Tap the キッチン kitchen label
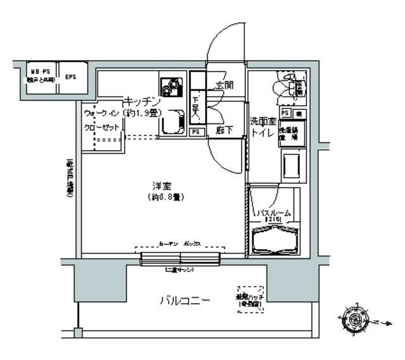[x=142, y=101]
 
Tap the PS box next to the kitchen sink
[x=196, y=132]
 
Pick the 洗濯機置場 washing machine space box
[x=293, y=133]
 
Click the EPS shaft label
[x=70, y=77]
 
